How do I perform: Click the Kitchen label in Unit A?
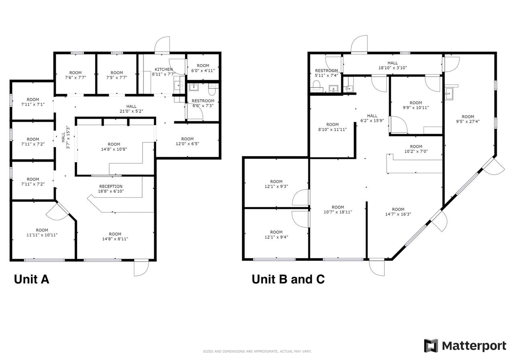(163, 69)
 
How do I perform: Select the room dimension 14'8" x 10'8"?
(114, 149)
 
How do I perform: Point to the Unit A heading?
(31, 279)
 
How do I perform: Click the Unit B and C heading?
(288, 279)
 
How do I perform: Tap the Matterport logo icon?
(431, 346)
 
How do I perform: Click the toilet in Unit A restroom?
(212, 89)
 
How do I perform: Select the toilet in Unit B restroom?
(317, 86)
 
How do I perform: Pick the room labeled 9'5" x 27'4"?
(468, 119)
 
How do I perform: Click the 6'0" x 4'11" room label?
(203, 68)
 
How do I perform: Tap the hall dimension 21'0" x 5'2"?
(131, 111)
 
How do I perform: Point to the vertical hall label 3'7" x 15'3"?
(65, 137)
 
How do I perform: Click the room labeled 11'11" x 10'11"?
(42, 232)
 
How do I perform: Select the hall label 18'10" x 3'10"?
(393, 65)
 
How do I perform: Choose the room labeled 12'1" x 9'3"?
(276, 184)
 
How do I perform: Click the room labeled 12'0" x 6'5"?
(188, 142)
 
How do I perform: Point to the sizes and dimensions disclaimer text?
(257, 351)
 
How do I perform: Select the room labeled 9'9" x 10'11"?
(416, 105)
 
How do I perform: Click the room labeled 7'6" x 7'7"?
(75, 75)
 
